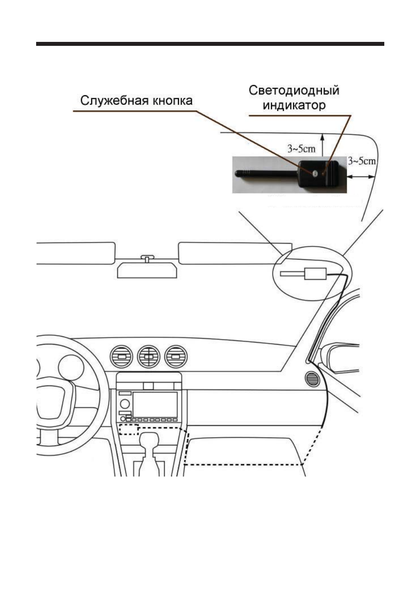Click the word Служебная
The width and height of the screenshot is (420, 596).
click(113, 101)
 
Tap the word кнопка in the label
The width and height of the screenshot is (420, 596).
click(171, 101)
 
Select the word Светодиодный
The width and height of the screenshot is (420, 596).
click(294, 91)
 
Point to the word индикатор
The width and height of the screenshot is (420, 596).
click(294, 105)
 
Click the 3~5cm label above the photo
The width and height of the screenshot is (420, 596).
click(301, 149)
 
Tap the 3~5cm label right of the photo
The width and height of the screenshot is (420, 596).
click(362, 161)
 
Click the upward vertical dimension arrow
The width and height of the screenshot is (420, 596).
click(322, 145)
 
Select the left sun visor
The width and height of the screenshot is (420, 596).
click(76, 253)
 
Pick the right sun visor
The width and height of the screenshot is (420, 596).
click(235, 253)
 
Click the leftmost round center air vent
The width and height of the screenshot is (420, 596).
click(121, 357)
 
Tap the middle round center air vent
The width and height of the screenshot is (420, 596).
click(149, 357)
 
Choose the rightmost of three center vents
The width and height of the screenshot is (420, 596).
click(175, 357)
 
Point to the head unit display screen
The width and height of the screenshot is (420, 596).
click(155, 404)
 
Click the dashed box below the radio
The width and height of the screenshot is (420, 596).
click(129, 429)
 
